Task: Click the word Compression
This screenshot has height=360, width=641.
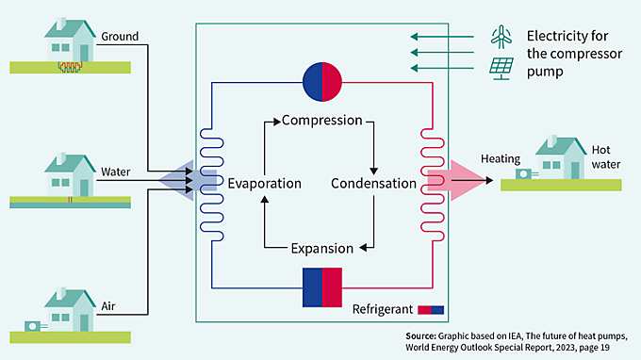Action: click(x=321, y=121)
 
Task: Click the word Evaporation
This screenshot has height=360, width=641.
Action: click(x=264, y=183)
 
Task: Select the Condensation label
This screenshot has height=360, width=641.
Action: click(x=373, y=183)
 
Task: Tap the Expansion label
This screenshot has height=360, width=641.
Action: click(x=321, y=249)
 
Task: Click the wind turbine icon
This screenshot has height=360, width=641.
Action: click(x=501, y=37)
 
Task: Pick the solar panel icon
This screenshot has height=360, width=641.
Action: click(x=501, y=69)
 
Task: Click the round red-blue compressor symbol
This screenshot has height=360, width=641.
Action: click(x=321, y=82)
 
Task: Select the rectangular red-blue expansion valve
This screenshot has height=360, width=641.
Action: click(x=321, y=287)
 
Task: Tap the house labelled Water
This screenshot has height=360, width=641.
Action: click(x=71, y=174)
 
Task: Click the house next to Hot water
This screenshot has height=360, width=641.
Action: click(x=560, y=157)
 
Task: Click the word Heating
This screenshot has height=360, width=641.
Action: click(x=500, y=158)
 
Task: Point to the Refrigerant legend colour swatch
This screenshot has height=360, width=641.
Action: click(x=431, y=309)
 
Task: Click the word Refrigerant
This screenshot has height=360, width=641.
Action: click(x=384, y=309)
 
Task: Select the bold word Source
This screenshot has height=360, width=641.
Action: click(x=420, y=335)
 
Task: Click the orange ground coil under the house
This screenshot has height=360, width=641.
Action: click(x=70, y=67)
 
